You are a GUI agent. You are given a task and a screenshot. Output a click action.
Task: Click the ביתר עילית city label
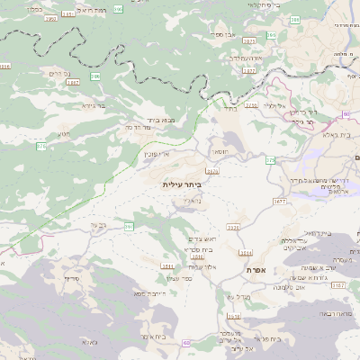click(184, 184)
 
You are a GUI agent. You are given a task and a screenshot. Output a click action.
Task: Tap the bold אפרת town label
click(253, 269)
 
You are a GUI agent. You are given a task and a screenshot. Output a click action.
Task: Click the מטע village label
click(64, 134)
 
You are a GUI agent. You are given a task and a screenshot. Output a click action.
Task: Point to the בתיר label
click(229, 110)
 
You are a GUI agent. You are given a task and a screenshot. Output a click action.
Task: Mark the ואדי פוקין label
click(158, 155)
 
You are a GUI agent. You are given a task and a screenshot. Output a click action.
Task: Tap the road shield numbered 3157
click(337, 285)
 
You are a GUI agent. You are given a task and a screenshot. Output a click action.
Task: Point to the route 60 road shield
click(186, 343)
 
